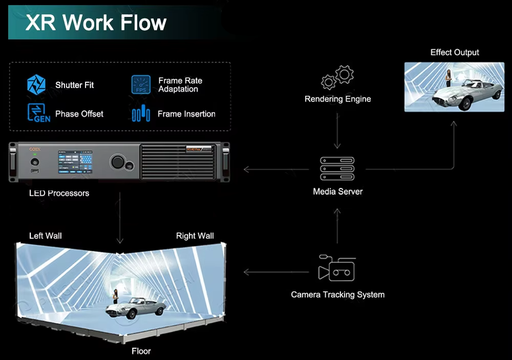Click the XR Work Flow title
click(x=96, y=23)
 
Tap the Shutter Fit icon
click(x=36, y=84)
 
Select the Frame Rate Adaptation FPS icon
click(x=141, y=84)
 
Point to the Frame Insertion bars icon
click(x=141, y=113)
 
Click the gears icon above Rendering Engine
click(x=337, y=77)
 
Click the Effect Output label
click(x=455, y=52)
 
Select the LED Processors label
click(x=59, y=193)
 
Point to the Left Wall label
click(x=46, y=236)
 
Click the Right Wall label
click(x=195, y=236)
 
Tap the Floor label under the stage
click(x=141, y=351)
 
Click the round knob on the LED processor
click(x=118, y=162)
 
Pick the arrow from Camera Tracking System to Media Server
click(x=337, y=225)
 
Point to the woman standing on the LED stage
click(x=116, y=297)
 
